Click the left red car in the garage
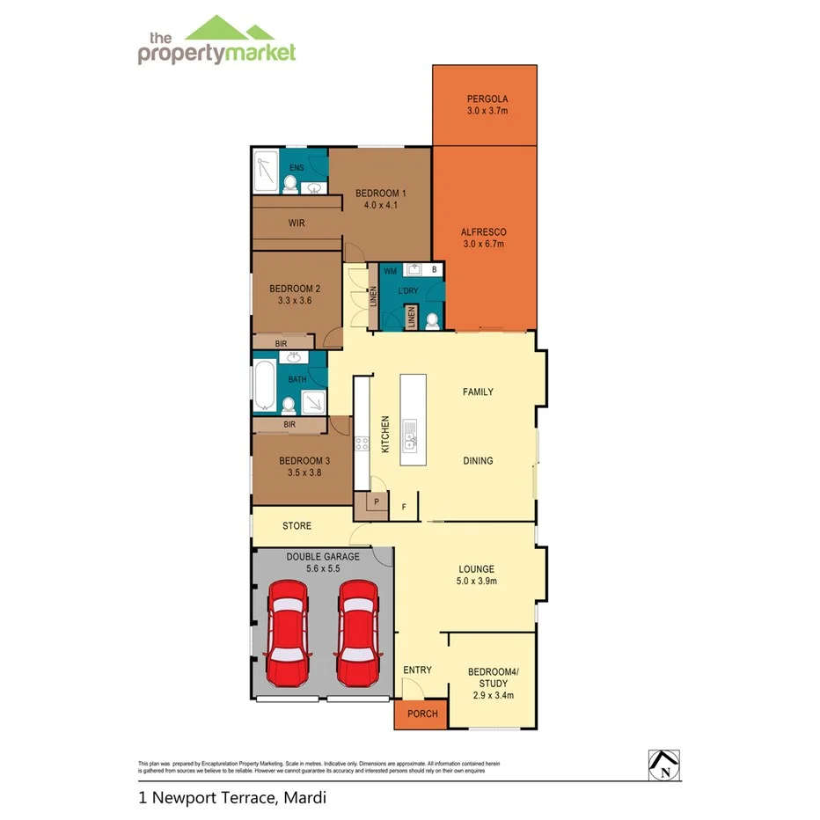[287, 633]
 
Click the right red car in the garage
[358, 633]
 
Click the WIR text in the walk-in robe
[297, 223]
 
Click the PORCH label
[422, 714]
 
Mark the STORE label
[297, 526]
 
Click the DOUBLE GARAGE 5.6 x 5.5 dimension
[322, 568]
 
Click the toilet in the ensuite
[289, 184]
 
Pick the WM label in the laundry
[390, 272]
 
